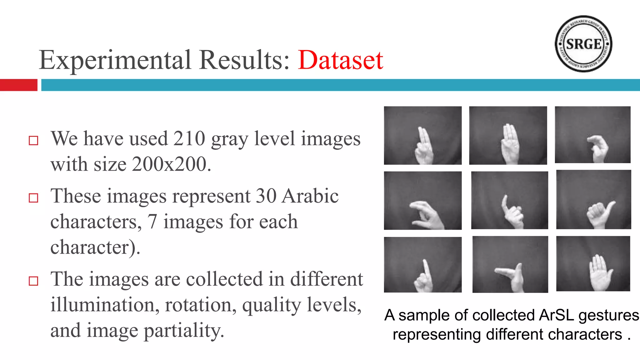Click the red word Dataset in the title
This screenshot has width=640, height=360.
pos(340,60)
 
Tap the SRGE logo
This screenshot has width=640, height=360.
pos(583,44)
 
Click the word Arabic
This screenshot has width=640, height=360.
pos(310,196)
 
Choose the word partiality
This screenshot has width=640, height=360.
pos(184,331)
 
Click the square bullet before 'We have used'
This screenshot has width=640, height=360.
pos(33,141)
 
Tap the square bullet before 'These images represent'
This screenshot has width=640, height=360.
pos(33,198)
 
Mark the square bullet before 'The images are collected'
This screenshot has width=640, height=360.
pos(33,281)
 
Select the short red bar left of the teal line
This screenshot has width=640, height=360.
pos(18,85)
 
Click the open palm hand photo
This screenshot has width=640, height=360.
pos(593,264)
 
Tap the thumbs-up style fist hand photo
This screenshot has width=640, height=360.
pos(593,199)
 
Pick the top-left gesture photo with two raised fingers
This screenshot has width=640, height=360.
pos(422,135)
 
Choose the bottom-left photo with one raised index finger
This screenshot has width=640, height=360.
pos(422,265)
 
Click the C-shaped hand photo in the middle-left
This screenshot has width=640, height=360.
pos(422,200)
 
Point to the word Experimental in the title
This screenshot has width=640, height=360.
pos(115,60)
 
